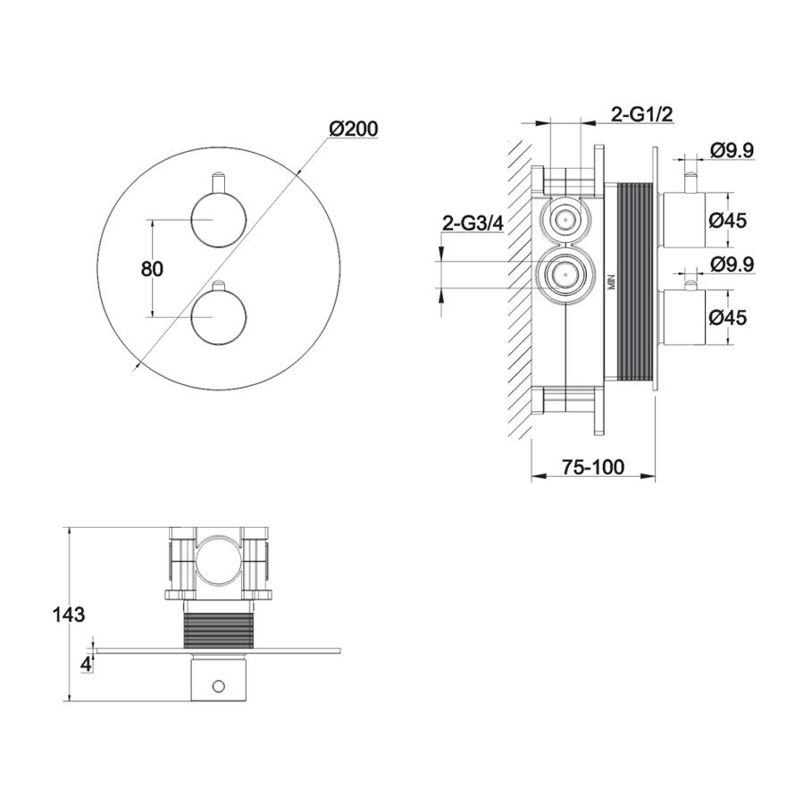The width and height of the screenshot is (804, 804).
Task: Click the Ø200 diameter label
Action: coord(353,129)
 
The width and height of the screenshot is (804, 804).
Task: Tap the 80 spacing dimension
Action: coord(152,269)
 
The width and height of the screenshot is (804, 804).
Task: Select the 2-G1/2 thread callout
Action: coord(641,114)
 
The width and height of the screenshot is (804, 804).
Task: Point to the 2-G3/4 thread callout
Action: coord(473,223)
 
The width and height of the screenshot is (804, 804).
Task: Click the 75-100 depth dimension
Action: coord(593,467)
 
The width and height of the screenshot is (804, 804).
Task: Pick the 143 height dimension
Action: coord(69,614)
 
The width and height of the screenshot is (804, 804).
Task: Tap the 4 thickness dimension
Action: coord(86,665)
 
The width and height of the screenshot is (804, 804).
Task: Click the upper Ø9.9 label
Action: coord(732,151)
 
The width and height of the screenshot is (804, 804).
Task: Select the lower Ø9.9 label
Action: coord(732,264)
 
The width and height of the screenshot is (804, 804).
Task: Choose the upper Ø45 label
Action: coord(728,221)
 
